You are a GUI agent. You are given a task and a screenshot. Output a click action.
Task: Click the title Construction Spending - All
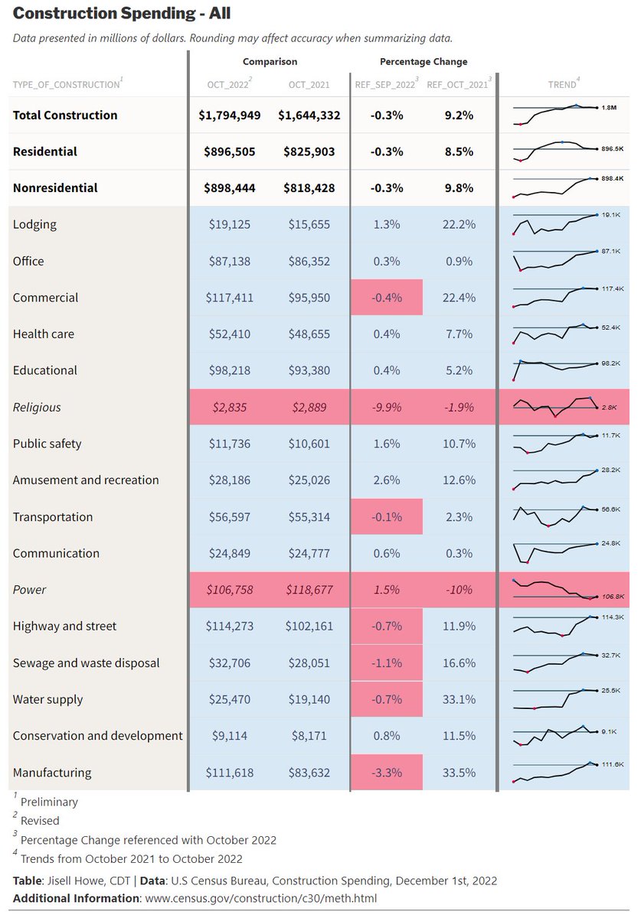tap(122, 14)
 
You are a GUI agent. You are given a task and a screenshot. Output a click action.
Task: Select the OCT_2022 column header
tap(227, 85)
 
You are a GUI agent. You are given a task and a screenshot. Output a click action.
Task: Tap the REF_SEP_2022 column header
tap(385, 85)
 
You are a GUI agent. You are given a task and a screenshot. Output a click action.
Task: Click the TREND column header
tap(562, 85)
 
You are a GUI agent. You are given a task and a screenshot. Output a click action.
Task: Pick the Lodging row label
tap(34, 225)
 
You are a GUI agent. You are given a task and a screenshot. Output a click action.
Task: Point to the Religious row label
tap(37, 407)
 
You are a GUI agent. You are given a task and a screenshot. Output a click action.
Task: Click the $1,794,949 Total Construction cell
tap(230, 116)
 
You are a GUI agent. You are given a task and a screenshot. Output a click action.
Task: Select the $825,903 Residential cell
tap(309, 151)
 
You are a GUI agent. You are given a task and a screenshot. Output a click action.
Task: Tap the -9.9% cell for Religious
tap(387, 407)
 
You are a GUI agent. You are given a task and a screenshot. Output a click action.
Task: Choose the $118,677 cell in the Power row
tap(309, 590)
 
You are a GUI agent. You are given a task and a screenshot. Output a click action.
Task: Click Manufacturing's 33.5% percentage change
tap(459, 773)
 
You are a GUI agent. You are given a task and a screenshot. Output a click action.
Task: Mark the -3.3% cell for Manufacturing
tap(387, 773)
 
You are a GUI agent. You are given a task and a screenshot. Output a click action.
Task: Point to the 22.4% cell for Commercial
tap(459, 298)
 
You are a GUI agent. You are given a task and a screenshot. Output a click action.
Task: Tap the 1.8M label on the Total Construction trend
tap(609, 107)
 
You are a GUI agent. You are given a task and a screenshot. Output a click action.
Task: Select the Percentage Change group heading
tap(424, 62)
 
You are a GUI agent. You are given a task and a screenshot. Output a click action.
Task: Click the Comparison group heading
tap(270, 62)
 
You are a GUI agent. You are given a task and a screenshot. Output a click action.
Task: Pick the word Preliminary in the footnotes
tap(49, 802)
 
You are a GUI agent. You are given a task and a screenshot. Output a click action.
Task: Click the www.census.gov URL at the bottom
tap(260, 899)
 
